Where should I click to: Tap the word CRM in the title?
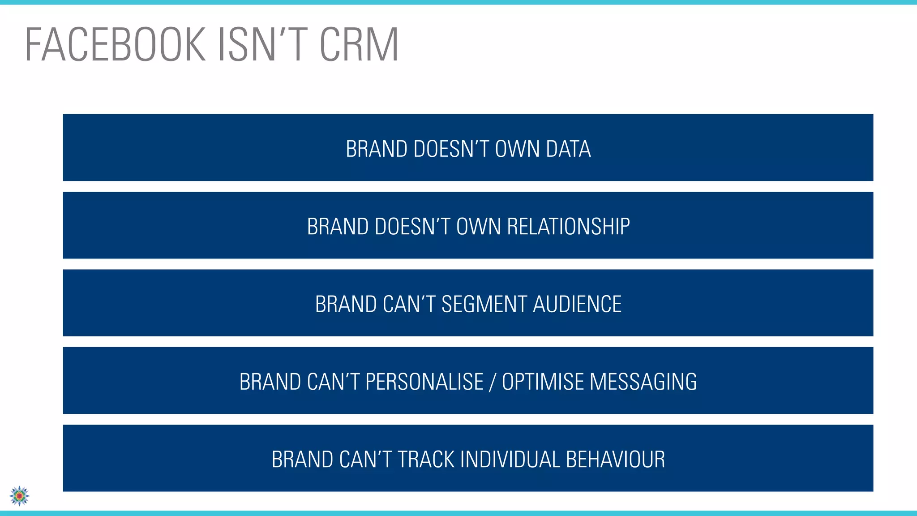click(359, 45)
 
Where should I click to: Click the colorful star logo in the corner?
click(19, 496)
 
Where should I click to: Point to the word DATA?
click(568, 149)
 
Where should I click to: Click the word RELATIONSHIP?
click(568, 227)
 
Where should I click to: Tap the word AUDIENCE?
click(577, 305)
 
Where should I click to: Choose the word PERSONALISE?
click(424, 382)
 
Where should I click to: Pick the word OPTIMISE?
click(543, 382)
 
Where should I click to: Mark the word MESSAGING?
click(643, 382)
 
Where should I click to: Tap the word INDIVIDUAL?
click(510, 460)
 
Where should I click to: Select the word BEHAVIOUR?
click(615, 460)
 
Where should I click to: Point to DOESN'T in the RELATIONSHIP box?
click(412, 227)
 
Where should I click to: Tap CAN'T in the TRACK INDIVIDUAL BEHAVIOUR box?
click(366, 460)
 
